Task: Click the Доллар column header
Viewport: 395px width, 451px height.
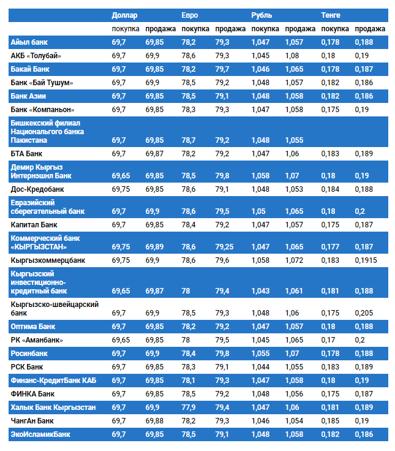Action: [125, 15]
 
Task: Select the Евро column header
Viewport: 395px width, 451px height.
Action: [190, 15]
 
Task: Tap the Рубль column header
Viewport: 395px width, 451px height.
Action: [261, 15]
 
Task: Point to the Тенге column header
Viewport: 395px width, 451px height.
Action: [331, 15]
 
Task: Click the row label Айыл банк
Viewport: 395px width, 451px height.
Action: [30, 42]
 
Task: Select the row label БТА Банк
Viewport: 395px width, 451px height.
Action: [29, 153]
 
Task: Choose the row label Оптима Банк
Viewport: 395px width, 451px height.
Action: [37, 327]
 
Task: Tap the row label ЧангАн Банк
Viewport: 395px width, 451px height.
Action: [33, 420]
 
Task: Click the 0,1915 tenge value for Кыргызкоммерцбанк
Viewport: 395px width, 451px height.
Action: [366, 260]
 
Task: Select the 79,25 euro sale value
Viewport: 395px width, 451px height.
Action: [225, 247]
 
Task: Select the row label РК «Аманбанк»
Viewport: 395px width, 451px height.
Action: [37, 340]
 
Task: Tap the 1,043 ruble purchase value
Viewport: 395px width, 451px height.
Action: [260, 291]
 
